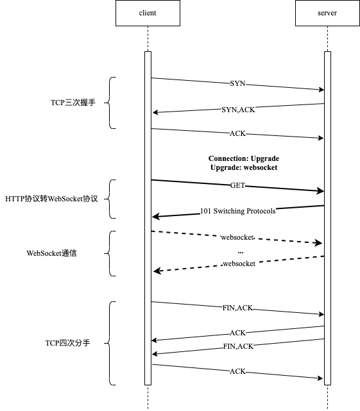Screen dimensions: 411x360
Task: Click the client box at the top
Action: click(x=147, y=13)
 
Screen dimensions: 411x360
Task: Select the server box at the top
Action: click(x=327, y=13)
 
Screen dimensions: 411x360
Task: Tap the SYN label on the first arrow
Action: click(x=237, y=84)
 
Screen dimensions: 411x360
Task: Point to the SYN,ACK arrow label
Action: click(x=237, y=110)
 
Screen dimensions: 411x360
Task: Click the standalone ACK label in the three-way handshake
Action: click(x=237, y=135)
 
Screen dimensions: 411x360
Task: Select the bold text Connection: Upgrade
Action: click(x=244, y=158)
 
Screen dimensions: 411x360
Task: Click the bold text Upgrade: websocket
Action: click(x=244, y=167)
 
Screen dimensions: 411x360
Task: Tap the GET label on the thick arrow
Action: click(x=237, y=186)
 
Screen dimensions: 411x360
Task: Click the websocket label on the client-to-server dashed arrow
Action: click(x=237, y=238)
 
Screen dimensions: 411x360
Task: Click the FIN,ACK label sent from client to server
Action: click(x=237, y=308)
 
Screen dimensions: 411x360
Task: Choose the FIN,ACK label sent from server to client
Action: click(x=237, y=346)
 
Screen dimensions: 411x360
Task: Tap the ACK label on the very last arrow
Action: click(x=237, y=372)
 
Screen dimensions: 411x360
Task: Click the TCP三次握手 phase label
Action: click(x=73, y=103)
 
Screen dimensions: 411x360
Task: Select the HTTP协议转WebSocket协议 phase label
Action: click(x=51, y=199)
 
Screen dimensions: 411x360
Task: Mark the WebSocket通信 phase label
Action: click(x=51, y=253)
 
